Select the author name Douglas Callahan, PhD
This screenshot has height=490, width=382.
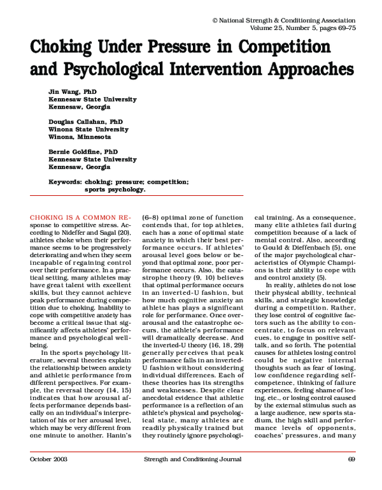pos(87,121)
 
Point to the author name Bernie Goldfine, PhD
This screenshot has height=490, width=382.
pos(83,152)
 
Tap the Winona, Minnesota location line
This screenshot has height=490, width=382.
pos(80,137)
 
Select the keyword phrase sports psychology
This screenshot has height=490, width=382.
pos(115,189)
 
